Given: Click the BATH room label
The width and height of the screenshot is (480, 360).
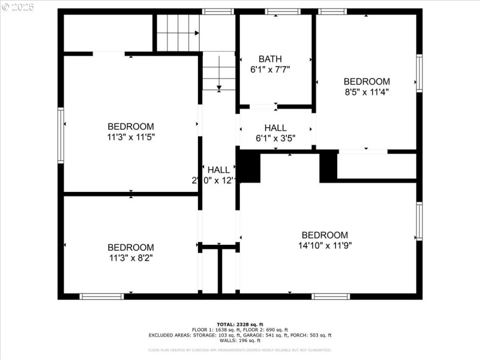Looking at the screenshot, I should (x=270, y=59).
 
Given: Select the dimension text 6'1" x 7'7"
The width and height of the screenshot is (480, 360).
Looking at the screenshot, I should (x=270, y=69).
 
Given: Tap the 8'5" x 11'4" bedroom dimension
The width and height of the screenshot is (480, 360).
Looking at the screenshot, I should (x=367, y=92).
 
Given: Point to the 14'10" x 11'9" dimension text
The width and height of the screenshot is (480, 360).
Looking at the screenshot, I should (x=325, y=245).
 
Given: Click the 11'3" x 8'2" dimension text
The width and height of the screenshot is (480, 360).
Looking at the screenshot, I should (x=131, y=257).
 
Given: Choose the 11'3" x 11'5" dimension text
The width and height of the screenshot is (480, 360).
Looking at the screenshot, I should (x=131, y=137).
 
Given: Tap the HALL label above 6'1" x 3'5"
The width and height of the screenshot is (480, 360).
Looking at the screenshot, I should (x=275, y=128).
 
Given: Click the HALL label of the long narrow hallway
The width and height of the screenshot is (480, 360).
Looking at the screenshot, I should (x=218, y=170).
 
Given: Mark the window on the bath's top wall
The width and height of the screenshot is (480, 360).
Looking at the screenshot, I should (x=283, y=11).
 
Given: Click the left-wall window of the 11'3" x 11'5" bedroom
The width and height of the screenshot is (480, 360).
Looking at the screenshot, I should (x=61, y=135).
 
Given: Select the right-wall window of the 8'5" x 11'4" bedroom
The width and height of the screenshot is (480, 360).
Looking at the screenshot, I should (x=419, y=73).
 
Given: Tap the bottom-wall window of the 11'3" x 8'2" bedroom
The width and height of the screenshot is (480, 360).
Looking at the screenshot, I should (x=102, y=296).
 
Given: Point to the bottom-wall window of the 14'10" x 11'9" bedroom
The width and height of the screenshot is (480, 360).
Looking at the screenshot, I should (x=331, y=296).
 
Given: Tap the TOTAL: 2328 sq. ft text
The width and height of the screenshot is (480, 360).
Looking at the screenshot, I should (x=240, y=324).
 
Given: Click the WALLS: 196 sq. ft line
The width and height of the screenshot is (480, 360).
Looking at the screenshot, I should (x=240, y=341).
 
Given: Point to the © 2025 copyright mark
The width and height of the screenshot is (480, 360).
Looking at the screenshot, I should (x=18, y=7).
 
